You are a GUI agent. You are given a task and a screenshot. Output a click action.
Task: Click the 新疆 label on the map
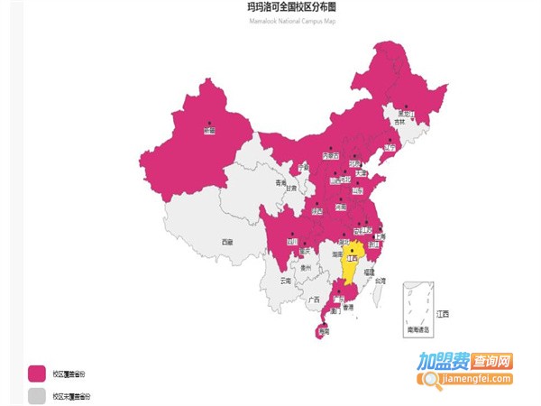pos(209,132)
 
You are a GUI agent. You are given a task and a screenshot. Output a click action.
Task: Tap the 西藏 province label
pos(227,242)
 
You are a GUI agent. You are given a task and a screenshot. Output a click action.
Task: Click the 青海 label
pos(280,181)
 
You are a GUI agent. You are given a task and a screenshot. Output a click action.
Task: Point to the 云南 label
pos(286,281)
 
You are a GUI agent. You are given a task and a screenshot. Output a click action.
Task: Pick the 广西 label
pos(315,299)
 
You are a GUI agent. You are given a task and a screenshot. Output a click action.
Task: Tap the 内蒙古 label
pos(331,155)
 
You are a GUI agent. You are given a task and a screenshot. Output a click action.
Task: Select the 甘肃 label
pos(291,189)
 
